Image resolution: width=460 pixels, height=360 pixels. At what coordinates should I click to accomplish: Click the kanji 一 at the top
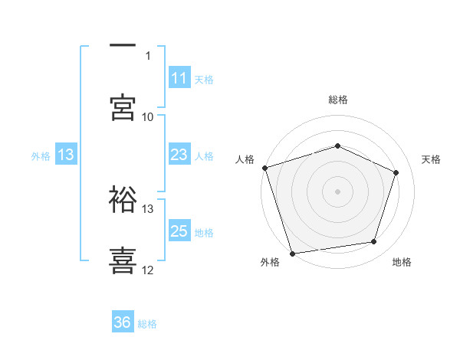point(123,46)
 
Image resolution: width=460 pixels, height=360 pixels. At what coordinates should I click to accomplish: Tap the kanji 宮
point(123,108)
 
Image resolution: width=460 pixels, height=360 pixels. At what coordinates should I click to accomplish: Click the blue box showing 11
point(179,78)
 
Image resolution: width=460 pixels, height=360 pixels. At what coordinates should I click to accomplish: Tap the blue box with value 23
point(179,155)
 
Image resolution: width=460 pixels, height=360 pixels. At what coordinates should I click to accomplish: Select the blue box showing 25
point(179,231)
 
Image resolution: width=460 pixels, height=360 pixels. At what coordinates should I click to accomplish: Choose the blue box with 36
point(123,323)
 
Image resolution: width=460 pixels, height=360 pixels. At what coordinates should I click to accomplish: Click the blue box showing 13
point(66,155)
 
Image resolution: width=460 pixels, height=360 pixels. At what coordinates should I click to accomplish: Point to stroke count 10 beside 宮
point(148,116)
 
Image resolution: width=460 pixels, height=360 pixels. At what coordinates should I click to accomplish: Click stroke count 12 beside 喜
point(148,270)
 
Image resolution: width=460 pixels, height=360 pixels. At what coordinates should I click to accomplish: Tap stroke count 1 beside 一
point(148,55)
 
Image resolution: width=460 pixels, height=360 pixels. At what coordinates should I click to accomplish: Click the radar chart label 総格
point(338,100)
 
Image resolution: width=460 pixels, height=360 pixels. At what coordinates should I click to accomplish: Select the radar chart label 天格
point(432,159)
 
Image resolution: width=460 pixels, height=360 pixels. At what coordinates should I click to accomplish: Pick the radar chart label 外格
point(270,262)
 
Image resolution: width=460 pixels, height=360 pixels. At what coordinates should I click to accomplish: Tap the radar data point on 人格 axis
point(264,168)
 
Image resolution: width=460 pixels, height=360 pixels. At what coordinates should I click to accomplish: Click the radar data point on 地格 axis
point(374,242)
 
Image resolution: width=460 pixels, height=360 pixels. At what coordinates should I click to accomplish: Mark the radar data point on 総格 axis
point(338,146)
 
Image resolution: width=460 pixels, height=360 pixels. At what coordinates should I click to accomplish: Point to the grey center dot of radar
point(338,191)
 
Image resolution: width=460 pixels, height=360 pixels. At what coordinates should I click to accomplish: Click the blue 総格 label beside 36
point(147,324)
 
